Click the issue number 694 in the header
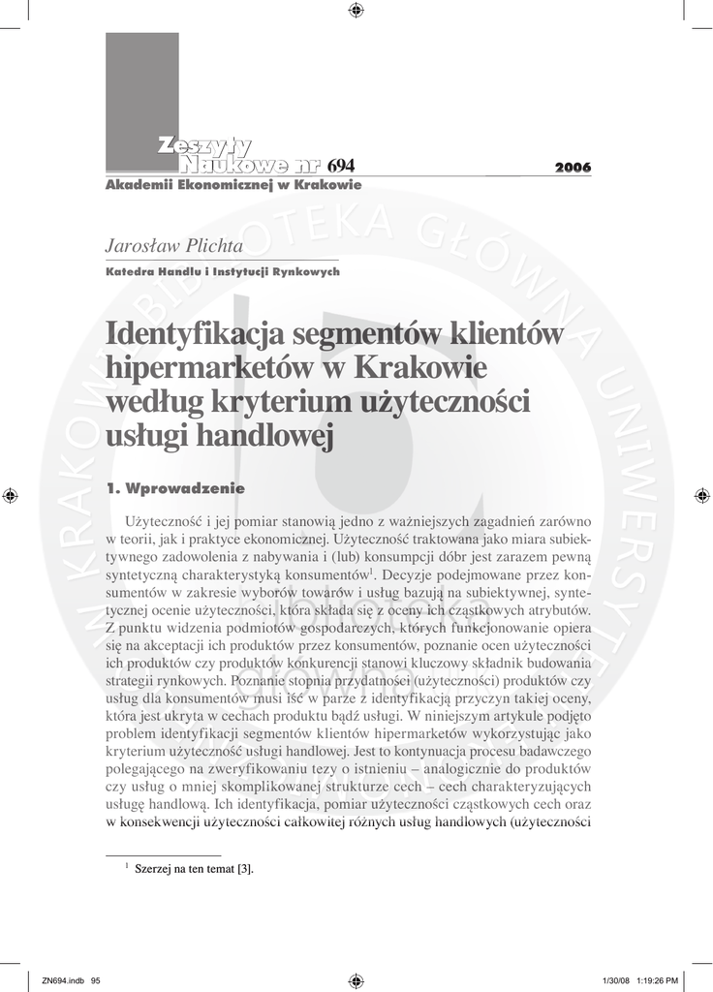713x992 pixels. (341, 167)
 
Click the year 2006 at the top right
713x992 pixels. (573, 168)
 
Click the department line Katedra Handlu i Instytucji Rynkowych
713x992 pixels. (222, 272)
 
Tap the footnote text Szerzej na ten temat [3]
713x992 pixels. (194, 869)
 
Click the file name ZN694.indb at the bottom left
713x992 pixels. (63, 979)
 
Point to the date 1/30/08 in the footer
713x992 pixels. (616, 979)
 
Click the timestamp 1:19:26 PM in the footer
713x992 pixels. (662, 979)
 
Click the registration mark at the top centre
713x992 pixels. (355, 11)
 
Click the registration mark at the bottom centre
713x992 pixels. (355, 979)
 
